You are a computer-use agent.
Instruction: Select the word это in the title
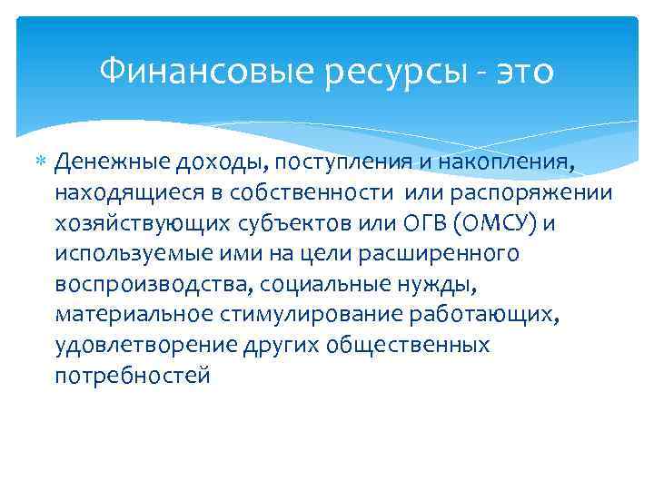click(x=522, y=70)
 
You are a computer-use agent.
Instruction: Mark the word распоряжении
click(x=534, y=193)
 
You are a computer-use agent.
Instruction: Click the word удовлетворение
click(x=145, y=346)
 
